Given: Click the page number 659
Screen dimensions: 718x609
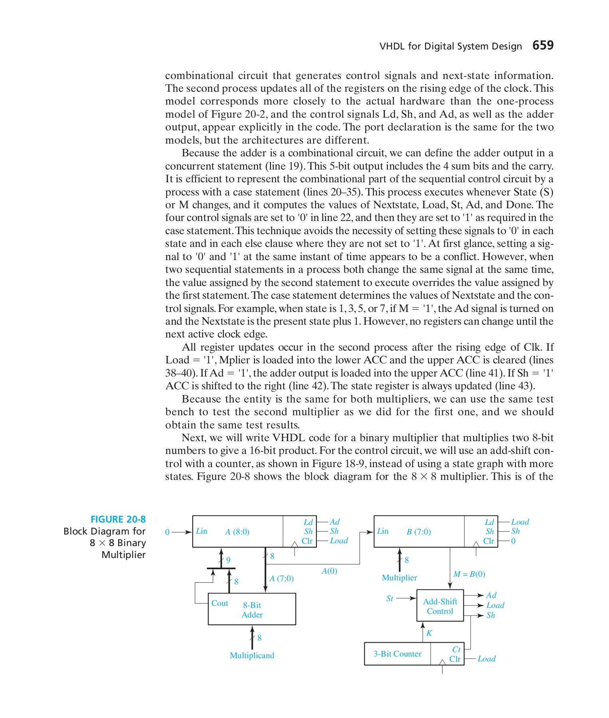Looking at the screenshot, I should pos(543,45).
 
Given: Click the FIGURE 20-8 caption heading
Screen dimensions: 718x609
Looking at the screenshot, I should pos(118,519).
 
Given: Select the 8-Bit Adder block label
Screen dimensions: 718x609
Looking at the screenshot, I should pos(252,610).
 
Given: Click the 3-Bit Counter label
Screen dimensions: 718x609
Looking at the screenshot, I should pos(397,654).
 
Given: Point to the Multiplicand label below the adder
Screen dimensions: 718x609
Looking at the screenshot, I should pos(252,655).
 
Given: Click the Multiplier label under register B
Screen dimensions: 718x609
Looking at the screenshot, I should pos(399,578).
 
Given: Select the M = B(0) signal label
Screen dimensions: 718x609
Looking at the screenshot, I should pos(469,574).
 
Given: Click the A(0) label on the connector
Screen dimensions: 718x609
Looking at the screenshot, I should pos(329,571).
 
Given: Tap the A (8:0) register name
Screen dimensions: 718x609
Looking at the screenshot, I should pos(237,532).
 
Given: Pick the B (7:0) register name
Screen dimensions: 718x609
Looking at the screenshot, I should pos(419,532).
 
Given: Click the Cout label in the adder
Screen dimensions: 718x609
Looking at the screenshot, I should pos(220,603).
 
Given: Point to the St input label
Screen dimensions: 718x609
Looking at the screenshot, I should pos(390,598).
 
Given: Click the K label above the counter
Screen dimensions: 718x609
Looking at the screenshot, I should pos(429,633).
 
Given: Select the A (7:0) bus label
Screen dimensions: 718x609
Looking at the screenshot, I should pos(281,578).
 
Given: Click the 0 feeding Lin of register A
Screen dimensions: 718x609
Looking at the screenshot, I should pos(168,532).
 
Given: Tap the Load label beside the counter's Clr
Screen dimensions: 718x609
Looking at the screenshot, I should pos(486,659).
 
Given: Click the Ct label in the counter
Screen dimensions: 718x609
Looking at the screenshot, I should pos(456,649).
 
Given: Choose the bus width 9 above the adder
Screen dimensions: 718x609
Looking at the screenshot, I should pos(228,560).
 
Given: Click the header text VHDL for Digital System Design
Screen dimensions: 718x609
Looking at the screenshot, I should pos(451,46).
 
